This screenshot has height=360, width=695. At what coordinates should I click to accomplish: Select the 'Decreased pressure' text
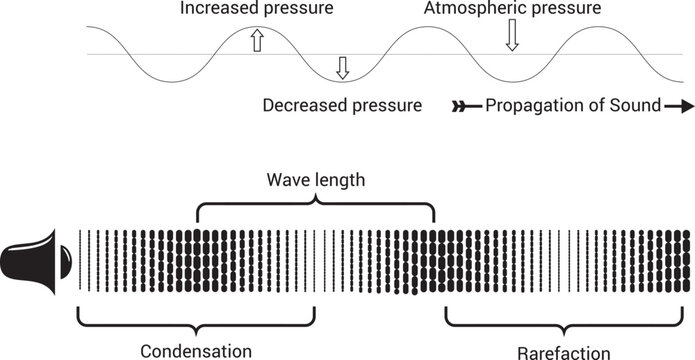pyautogui.click(x=341, y=104)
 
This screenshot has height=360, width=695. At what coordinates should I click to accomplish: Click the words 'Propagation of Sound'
pyautogui.click(x=573, y=104)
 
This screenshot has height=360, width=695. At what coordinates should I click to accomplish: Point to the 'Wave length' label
pyautogui.click(x=316, y=182)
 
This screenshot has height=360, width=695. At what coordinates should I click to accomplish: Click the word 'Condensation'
pyautogui.click(x=196, y=350)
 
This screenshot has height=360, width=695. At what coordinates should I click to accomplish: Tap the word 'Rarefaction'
pyautogui.click(x=565, y=352)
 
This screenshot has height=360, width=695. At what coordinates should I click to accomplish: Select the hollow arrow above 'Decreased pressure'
pyautogui.click(x=343, y=68)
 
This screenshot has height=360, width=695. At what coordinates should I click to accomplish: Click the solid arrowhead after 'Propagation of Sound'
pyautogui.click(x=679, y=104)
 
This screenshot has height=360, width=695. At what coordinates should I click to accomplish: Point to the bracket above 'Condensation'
pyautogui.click(x=196, y=322)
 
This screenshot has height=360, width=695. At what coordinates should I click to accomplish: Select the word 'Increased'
pyautogui.click(x=215, y=9)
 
